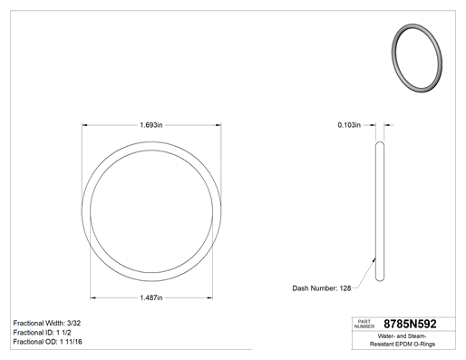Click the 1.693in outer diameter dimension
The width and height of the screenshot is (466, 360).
[x=151, y=125]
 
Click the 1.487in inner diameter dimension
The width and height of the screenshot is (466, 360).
[x=151, y=297]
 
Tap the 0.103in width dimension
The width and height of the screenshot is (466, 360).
[x=349, y=125]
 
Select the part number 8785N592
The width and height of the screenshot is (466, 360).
[x=410, y=324]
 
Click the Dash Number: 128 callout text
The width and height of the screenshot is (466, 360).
[x=322, y=288]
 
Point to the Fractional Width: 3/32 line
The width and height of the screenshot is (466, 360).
[x=47, y=323]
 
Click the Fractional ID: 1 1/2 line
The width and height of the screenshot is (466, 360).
[x=42, y=333]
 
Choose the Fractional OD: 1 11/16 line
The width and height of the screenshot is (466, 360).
[x=47, y=342]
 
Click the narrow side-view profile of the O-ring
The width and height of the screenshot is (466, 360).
[x=380, y=211]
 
